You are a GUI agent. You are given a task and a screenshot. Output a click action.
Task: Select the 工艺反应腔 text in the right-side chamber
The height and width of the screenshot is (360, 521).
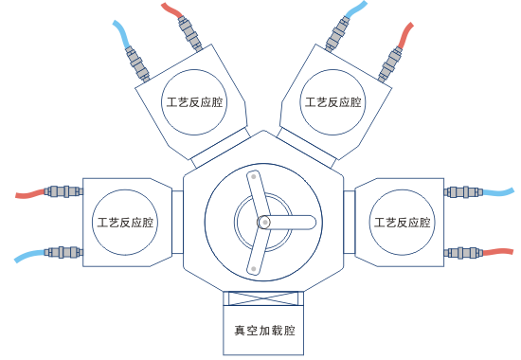click(403, 224)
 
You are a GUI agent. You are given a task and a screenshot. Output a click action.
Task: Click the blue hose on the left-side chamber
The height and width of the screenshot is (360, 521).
click(28, 256)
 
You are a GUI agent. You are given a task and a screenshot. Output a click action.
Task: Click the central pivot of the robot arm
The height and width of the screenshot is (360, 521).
click(264, 222)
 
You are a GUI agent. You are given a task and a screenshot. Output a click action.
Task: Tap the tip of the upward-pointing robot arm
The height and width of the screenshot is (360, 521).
click(253, 177)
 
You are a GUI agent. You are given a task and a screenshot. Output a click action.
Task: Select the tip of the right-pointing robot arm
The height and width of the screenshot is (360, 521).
click(309, 222)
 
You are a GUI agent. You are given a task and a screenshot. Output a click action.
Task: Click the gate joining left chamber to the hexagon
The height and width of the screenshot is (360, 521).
click(177, 224)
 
